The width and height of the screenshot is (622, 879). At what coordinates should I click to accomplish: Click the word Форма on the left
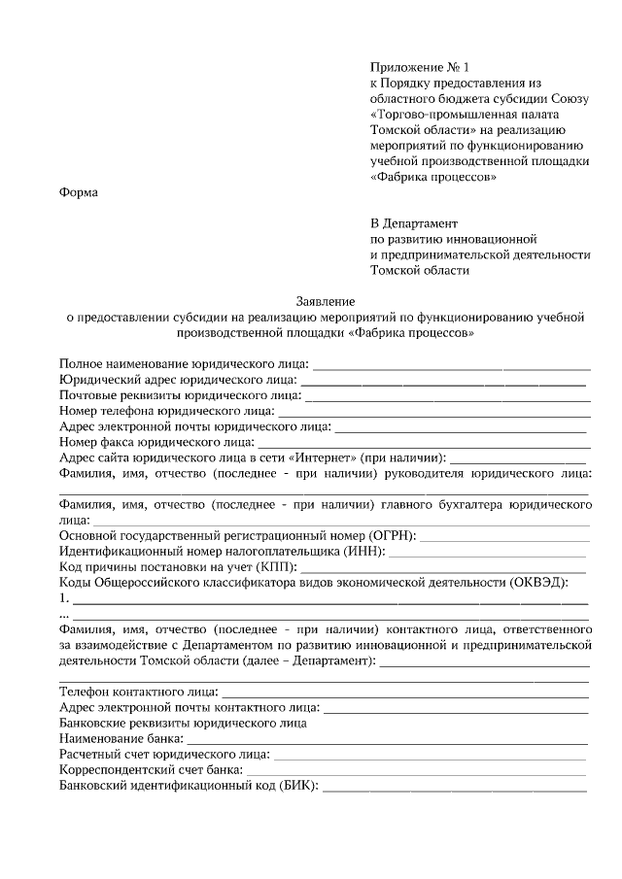pos(79,192)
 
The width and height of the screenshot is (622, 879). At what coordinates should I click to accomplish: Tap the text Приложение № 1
pos(419,67)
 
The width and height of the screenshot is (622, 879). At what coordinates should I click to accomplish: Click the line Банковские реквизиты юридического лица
pos(184,722)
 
